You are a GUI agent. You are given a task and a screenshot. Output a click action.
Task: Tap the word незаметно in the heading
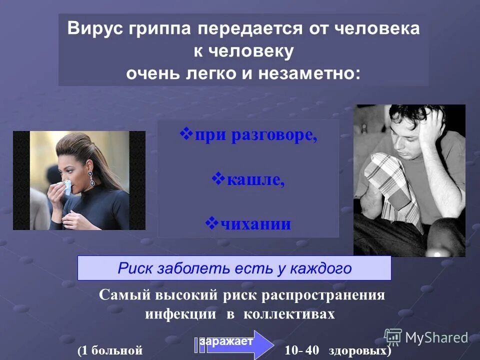[x=308, y=73]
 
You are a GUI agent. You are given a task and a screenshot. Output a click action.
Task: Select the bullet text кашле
[x=255, y=179]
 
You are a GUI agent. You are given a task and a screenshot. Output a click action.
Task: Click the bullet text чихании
[x=255, y=223]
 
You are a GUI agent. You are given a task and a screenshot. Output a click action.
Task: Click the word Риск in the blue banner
[x=136, y=268]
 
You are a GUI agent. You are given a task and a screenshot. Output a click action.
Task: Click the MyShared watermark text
[x=436, y=338]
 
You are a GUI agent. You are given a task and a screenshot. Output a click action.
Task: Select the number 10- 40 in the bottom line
[x=301, y=350]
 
